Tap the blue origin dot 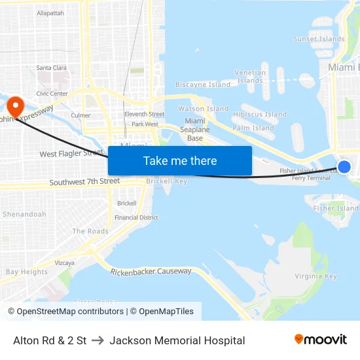[x=344, y=167]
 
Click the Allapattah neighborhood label [x=50, y=13]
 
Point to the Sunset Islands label [x=319, y=39]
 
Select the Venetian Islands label [x=251, y=77]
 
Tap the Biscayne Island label [x=203, y=84]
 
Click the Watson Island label [x=204, y=109]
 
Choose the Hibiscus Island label [x=260, y=115]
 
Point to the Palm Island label [x=253, y=128]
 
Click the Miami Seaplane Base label [x=195, y=130]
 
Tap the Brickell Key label [x=166, y=181]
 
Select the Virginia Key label [x=316, y=276]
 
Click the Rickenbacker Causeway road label [x=151, y=271]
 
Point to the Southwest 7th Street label [x=84, y=181]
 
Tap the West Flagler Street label [x=71, y=154]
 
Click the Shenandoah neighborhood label [x=24, y=214]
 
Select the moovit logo [x=321, y=340]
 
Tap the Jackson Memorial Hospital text [x=177, y=340]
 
